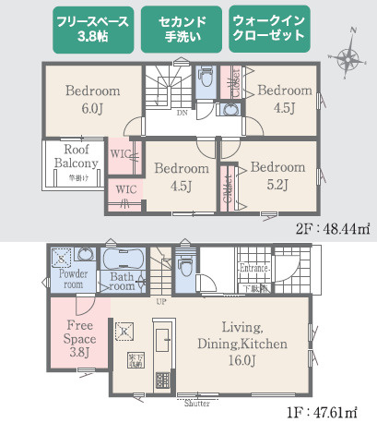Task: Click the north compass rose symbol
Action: (348, 60)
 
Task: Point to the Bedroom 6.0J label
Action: (93, 99)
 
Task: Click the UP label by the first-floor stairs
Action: (162, 302)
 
